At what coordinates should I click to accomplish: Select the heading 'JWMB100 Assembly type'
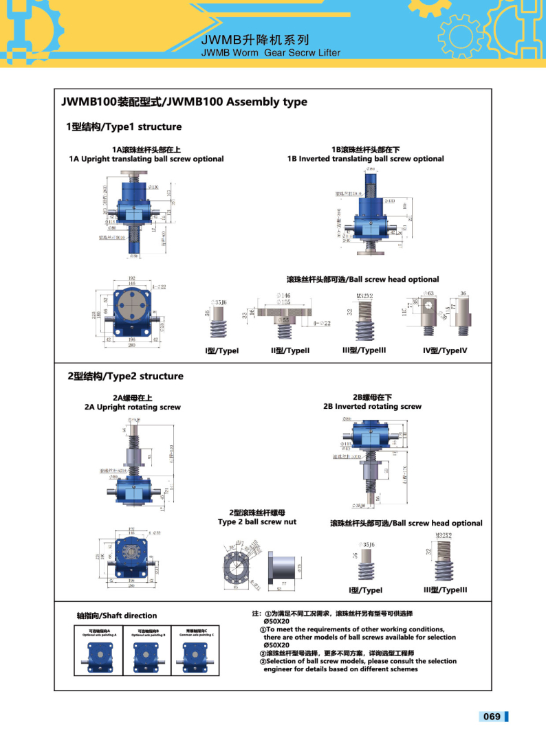click(184, 102)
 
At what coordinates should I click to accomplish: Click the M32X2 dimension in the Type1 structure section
click(364, 296)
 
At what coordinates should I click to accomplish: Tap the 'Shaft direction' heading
click(117, 616)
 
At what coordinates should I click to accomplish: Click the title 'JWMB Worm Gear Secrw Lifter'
click(271, 52)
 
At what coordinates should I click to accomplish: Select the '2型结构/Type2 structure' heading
click(125, 377)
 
